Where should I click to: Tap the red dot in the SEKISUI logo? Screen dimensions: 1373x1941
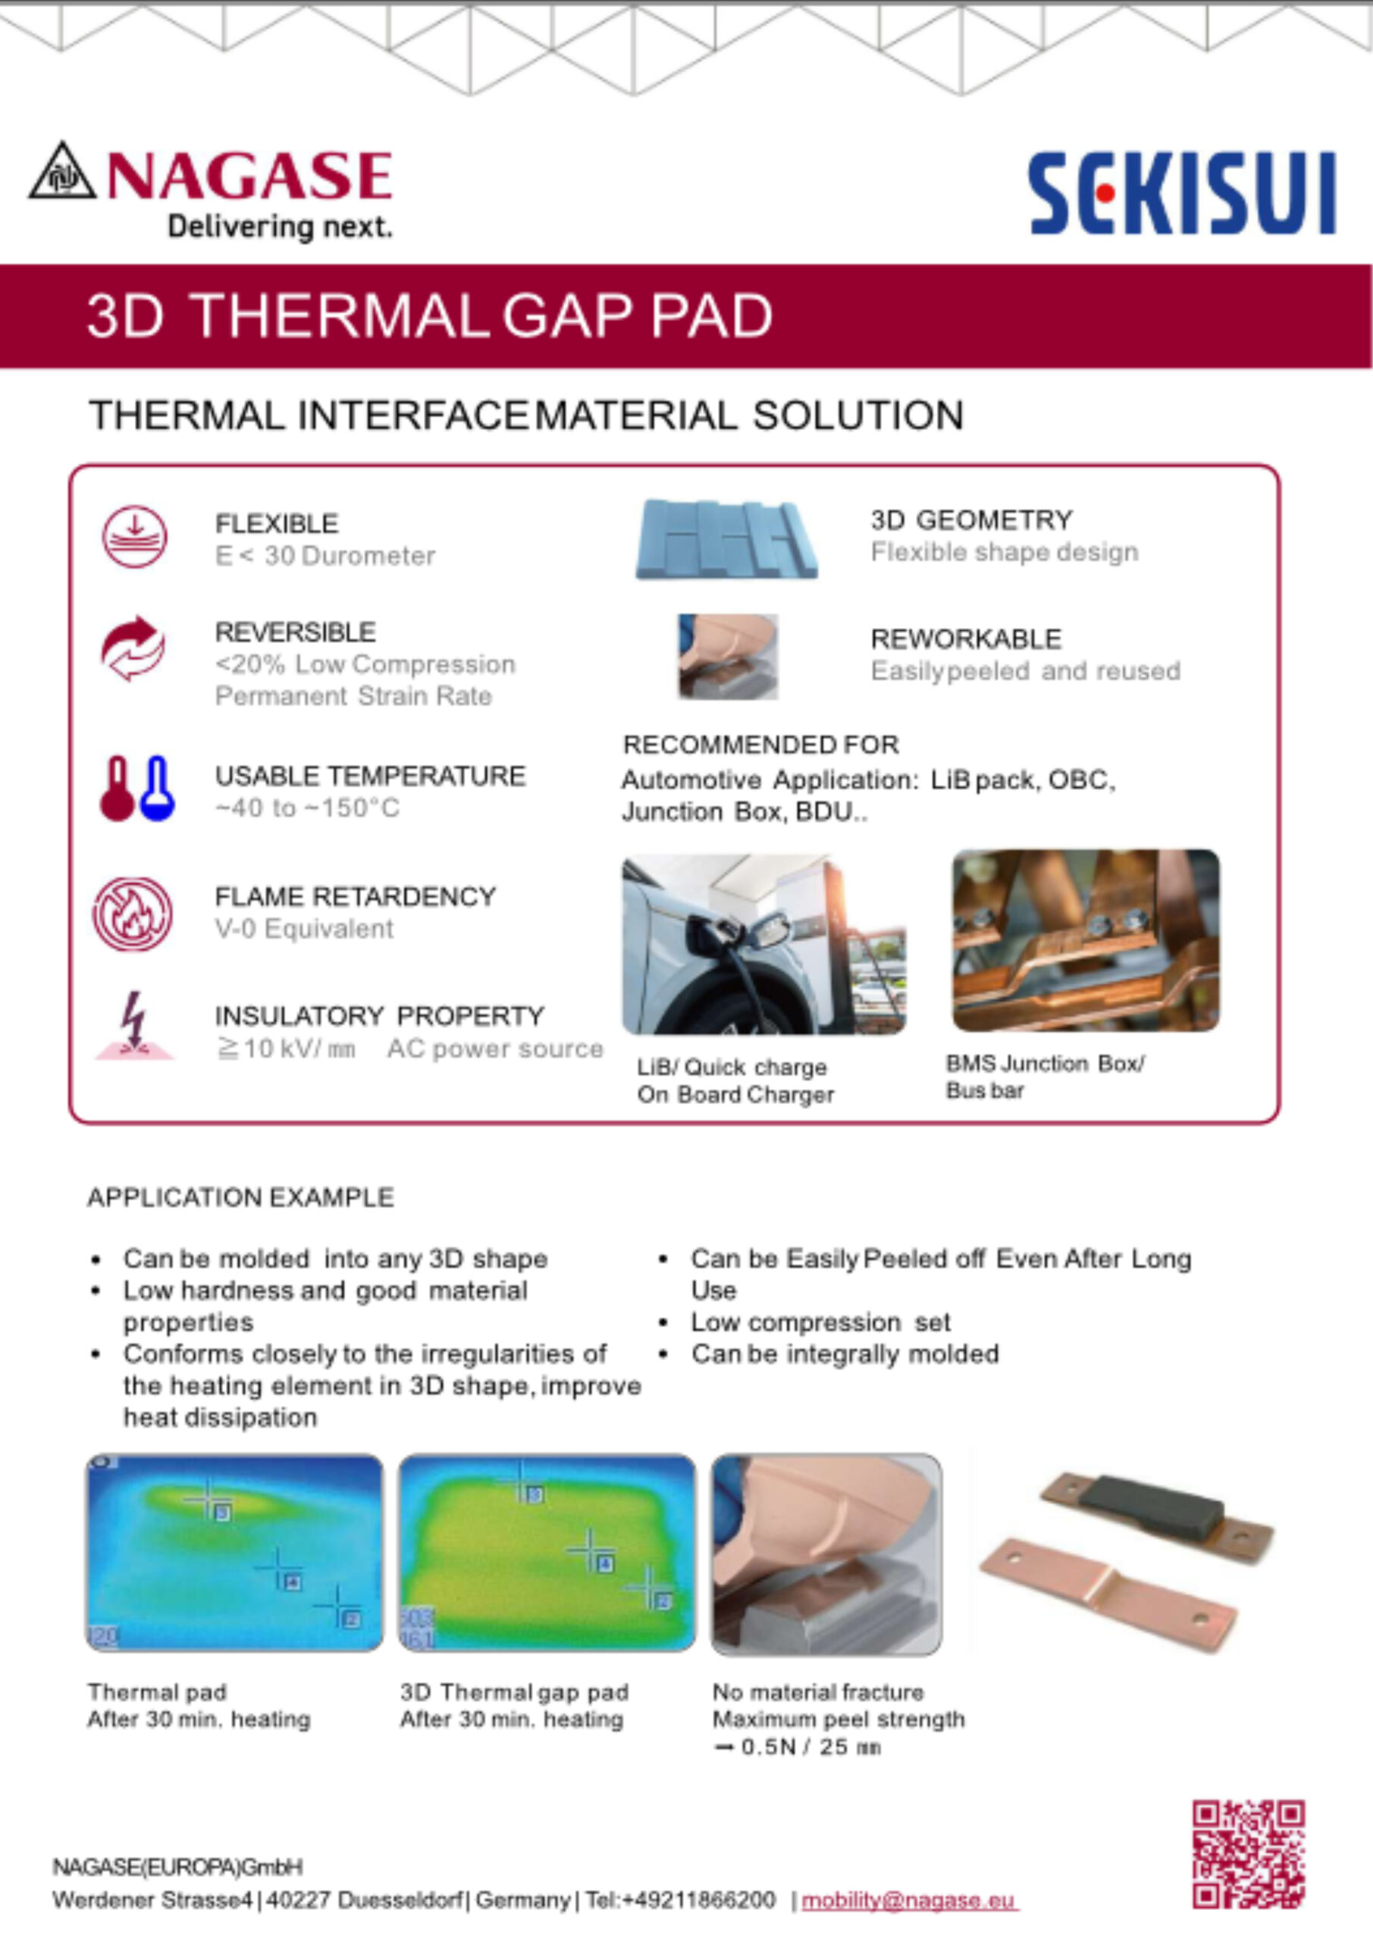click(x=1104, y=193)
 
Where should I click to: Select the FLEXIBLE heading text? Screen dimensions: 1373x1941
click(x=277, y=524)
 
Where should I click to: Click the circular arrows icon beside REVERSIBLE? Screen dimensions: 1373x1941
click(x=133, y=648)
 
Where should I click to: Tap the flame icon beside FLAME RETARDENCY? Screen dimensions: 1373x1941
click(x=133, y=914)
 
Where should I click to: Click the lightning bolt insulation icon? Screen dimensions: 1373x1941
click(x=133, y=1025)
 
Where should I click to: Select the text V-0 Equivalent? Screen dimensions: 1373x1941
click(x=304, y=928)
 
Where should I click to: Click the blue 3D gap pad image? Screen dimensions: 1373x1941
click(x=727, y=538)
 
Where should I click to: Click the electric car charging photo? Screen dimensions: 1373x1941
click(x=764, y=944)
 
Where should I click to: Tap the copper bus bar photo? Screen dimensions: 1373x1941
click(x=1086, y=940)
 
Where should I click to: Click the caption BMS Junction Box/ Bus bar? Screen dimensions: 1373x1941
click(x=1045, y=1076)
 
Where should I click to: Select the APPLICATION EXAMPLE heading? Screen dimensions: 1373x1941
click(x=241, y=1197)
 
